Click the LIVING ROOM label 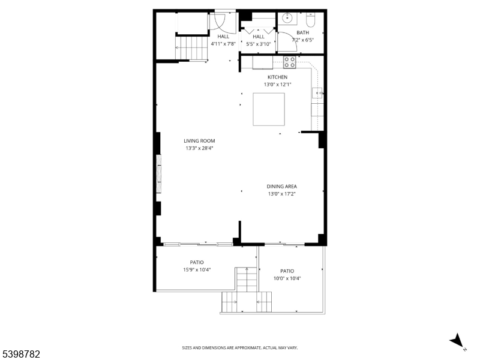(x=199, y=141)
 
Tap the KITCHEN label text (x=277, y=77)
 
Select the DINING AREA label (x=281, y=186)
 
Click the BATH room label (x=302, y=32)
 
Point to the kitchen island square (x=269, y=109)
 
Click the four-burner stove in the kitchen (x=290, y=62)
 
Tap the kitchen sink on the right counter (x=317, y=92)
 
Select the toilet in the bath (x=311, y=19)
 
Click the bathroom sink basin (x=288, y=18)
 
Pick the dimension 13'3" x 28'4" (x=199, y=148)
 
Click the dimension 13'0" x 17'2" (x=281, y=194)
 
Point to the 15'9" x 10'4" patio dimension (x=197, y=269)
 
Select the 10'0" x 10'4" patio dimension (x=287, y=278)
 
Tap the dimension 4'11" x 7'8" (x=223, y=44)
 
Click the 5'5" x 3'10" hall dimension (x=259, y=44)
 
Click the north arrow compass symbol (x=457, y=341)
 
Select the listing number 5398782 (x=20, y=354)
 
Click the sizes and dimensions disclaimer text (x=239, y=348)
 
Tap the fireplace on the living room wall (x=159, y=174)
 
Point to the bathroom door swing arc (x=293, y=38)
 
